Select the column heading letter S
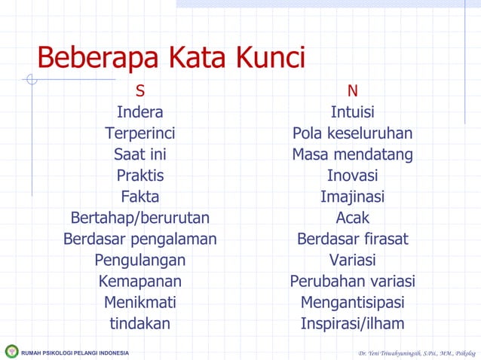[x=140, y=91]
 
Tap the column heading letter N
[x=352, y=91]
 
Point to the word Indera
[x=140, y=112]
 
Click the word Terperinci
[x=140, y=133]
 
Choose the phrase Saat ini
[x=140, y=154]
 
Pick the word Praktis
[x=140, y=175]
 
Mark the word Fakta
[x=140, y=197]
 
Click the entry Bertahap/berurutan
[x=140, y=218]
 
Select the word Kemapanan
[x=140, y=282]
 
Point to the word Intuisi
[x=352, y=112]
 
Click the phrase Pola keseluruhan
[x=352, y=133]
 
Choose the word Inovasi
[x=352, y=175]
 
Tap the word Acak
[x=352, y=218]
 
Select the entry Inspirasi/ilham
[x=352, y=324]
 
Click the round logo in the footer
[x=11, y=352]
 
